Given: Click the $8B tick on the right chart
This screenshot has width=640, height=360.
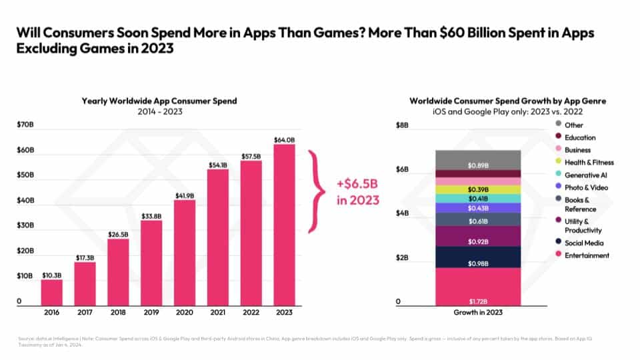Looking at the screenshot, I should point(403,125).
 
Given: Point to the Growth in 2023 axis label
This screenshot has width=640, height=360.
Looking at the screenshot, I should point(478,312).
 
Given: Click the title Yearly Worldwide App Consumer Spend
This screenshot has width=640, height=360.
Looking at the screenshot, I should point(159,101).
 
